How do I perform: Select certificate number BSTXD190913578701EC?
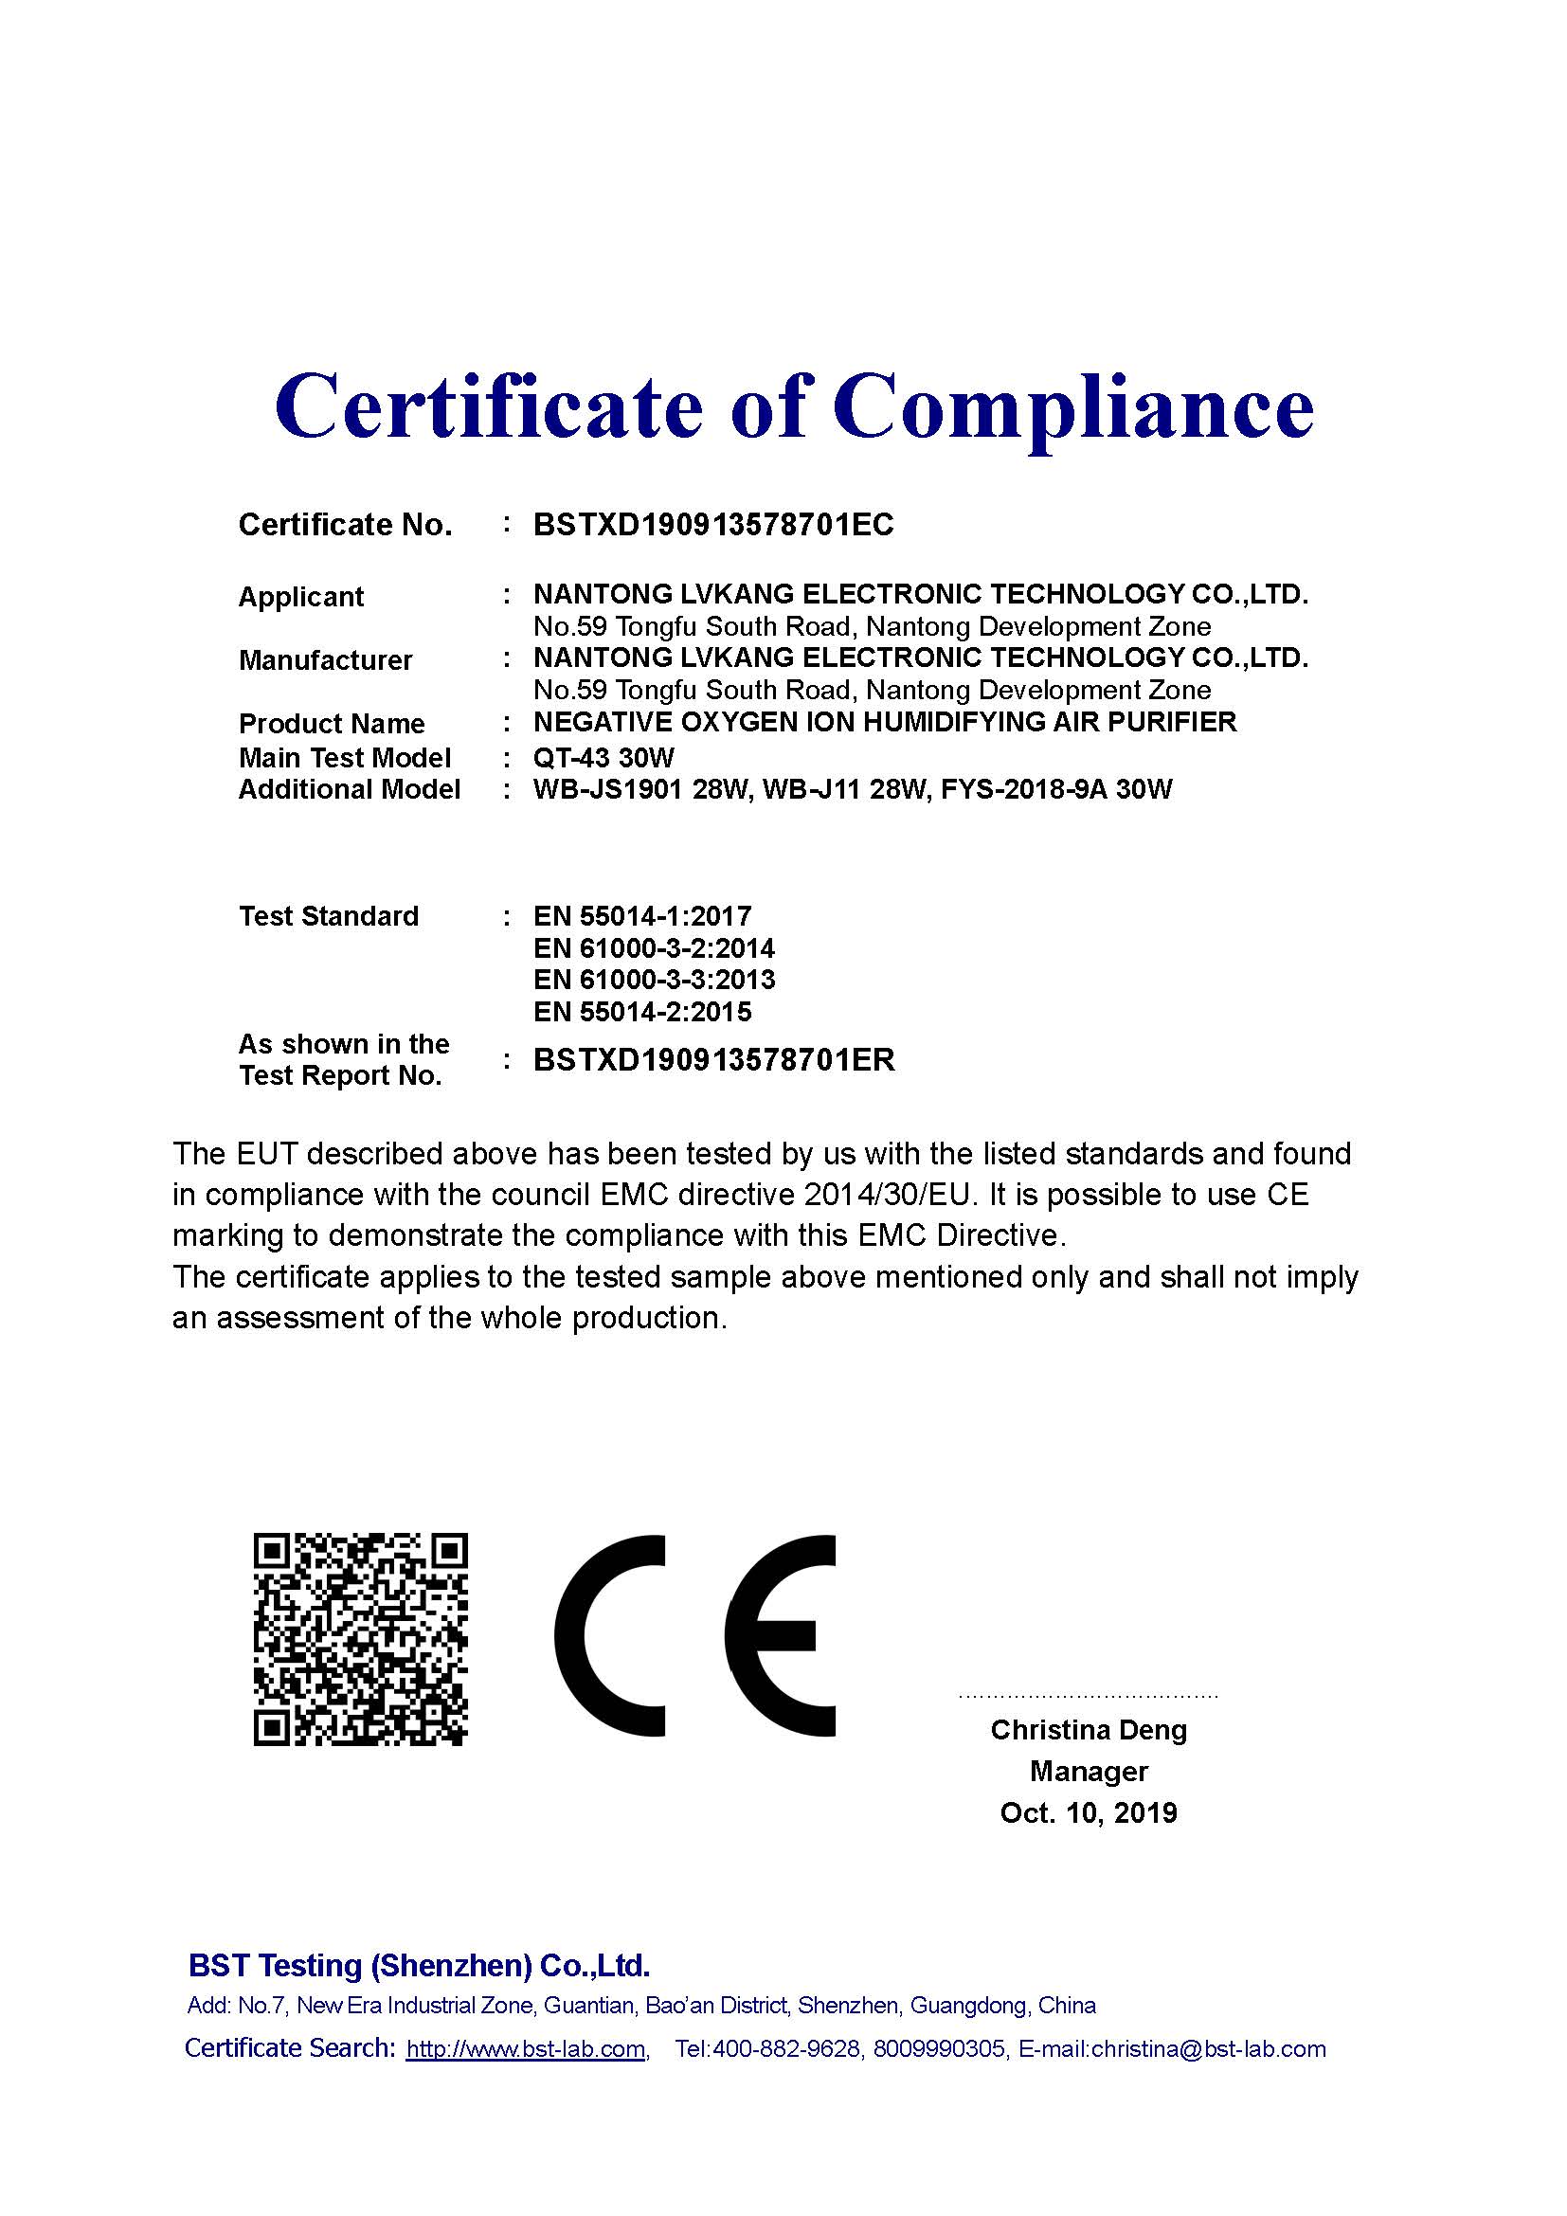point(713,524)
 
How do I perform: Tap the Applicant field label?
point(301,597)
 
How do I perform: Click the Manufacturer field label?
point(325,660)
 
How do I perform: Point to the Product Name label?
point(331,724)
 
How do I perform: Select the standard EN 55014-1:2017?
point(641,915)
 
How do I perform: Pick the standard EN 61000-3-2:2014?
point(654,947)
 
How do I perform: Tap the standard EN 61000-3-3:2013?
point(654,980)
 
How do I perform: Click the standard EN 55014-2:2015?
point(641,1012)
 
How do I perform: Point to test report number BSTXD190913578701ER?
point(714,1060)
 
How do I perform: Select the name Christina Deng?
point(1089,1730)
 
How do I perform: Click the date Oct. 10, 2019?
point(1089,1812)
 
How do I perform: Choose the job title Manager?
point(1089,1771)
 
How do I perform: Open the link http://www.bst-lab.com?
point(526,2049)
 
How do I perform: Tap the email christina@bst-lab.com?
point(1208,2049)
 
